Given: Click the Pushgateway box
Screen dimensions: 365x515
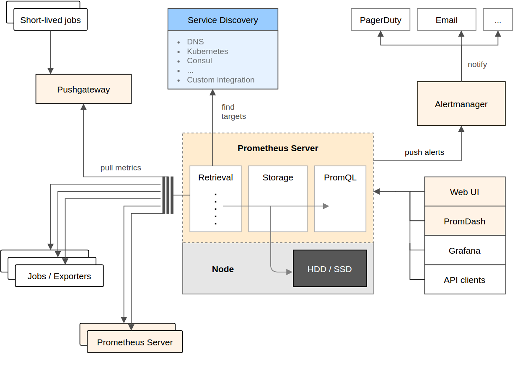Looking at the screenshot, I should (83, 89).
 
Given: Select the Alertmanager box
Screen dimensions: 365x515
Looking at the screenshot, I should (461, 104).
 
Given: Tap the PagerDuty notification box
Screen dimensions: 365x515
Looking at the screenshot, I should (380, 20).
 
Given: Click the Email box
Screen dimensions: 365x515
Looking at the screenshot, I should (446, 20).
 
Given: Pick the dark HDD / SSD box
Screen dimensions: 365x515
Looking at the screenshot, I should (330, 269).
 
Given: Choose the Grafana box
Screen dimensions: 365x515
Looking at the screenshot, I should (464, 250).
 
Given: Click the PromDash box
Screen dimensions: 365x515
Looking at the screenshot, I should (464, 221).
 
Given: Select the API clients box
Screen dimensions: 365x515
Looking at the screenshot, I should (464, 280).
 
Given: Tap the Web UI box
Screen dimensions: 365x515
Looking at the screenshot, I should (464, 192).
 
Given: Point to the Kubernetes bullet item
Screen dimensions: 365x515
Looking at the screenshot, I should (207, 51).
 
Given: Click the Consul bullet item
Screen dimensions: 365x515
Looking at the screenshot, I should (199, 61).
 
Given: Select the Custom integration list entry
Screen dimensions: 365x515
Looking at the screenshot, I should (220, 80).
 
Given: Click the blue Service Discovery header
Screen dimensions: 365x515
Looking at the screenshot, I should (223, 20).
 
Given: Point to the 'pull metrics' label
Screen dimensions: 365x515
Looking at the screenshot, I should (121, 168).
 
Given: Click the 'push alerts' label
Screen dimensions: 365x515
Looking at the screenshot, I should (424, 152).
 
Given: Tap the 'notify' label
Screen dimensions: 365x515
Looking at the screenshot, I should (477, 64).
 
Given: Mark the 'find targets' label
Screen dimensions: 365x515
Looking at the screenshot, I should (233, 112).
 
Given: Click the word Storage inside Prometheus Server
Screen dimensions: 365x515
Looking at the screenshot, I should (277, 177).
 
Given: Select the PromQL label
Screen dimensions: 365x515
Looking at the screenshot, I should (340, 177).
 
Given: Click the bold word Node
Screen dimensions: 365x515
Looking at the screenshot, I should (223, 269).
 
